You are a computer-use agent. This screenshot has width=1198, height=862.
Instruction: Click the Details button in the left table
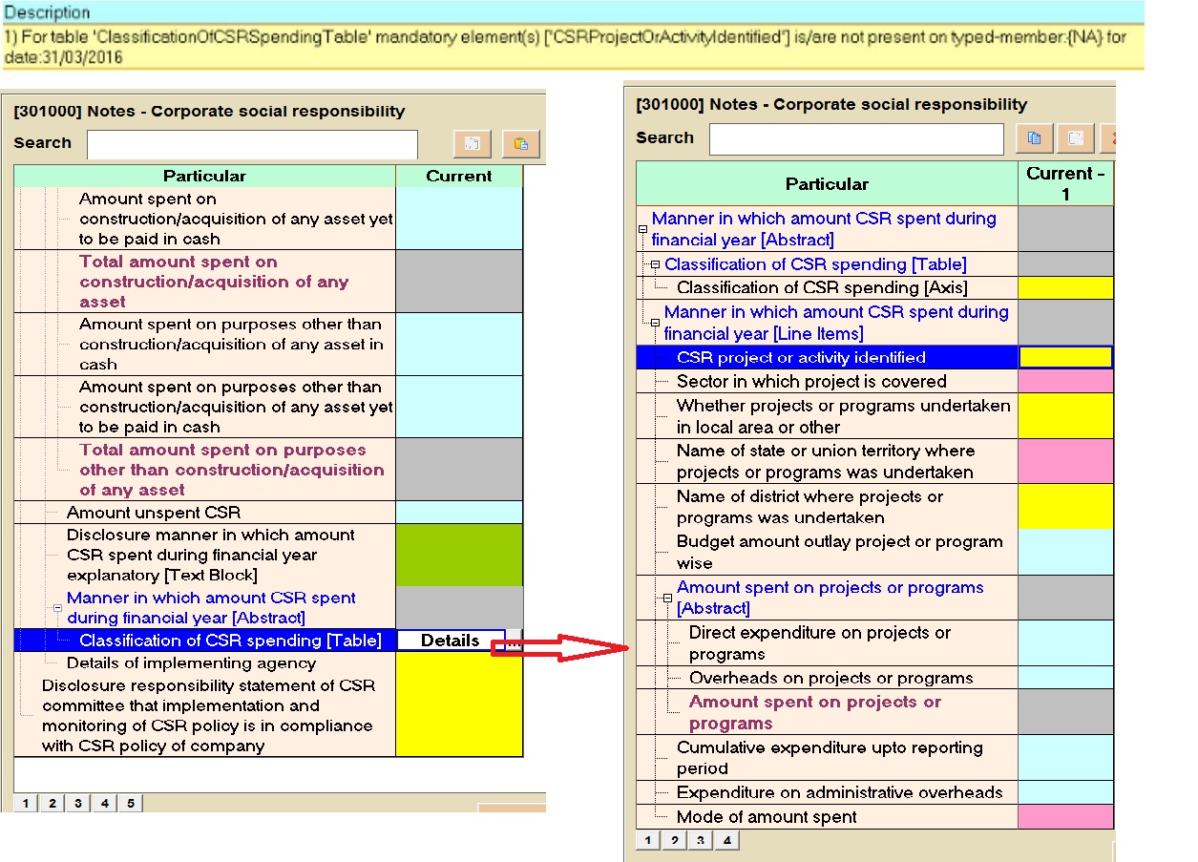click(451, 641)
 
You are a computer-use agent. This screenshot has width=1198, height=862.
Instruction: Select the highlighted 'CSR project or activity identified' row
click(801, 358)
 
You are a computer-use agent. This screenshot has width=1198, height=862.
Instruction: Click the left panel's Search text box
click(252, 144)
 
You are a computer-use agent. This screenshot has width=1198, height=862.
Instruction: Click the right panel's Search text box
click(856, 138)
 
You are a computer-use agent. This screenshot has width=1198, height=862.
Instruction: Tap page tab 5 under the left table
click(131, 804)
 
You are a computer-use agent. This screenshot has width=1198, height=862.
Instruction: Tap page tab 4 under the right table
click(727, 841)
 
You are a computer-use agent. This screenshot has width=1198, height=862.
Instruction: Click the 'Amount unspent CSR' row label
click(154, 513)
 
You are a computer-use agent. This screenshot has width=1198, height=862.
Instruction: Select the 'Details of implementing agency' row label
click(191, 663)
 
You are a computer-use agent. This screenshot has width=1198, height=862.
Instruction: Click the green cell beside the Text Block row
click(459, 555)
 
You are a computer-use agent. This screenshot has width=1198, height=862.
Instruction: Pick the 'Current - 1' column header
click(1065, 183)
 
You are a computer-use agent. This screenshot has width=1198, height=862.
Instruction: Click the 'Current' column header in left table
click(459, 177)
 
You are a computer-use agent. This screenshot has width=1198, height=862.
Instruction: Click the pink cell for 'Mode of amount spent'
click(1065, 817)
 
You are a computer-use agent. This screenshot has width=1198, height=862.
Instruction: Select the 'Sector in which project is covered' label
click(811, 382)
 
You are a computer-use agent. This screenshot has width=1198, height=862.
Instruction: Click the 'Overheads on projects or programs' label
click(830, 679)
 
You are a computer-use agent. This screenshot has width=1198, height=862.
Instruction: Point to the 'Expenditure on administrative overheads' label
click(839, 793)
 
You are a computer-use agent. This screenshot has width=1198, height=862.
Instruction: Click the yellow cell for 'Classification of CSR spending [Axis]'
click(1065, 288)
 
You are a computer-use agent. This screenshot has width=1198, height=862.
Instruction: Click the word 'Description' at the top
click(47, 13)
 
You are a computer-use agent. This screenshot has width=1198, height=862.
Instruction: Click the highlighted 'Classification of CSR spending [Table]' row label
click(230, 641)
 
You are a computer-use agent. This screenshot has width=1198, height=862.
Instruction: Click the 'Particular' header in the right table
click(827, 184)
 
